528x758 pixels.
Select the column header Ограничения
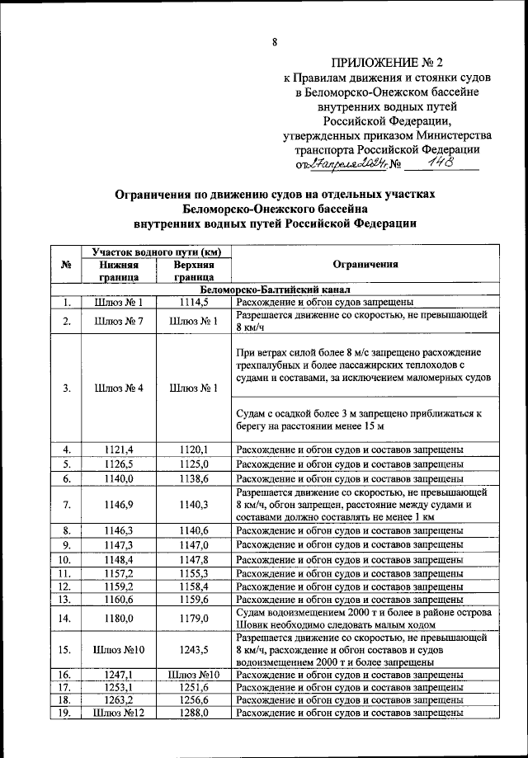(365, 264)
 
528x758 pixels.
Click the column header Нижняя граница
(118, 271)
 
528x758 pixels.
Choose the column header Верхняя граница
(194, 271)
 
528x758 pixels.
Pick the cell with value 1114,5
(194, 303)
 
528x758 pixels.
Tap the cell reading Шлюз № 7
(118, 321)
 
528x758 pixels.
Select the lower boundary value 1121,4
(118, 450)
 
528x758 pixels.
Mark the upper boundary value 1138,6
(194, 478)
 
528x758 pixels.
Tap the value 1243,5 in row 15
(194, 649)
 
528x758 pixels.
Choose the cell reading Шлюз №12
(118, 713)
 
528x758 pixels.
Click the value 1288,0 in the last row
(194, 713)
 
